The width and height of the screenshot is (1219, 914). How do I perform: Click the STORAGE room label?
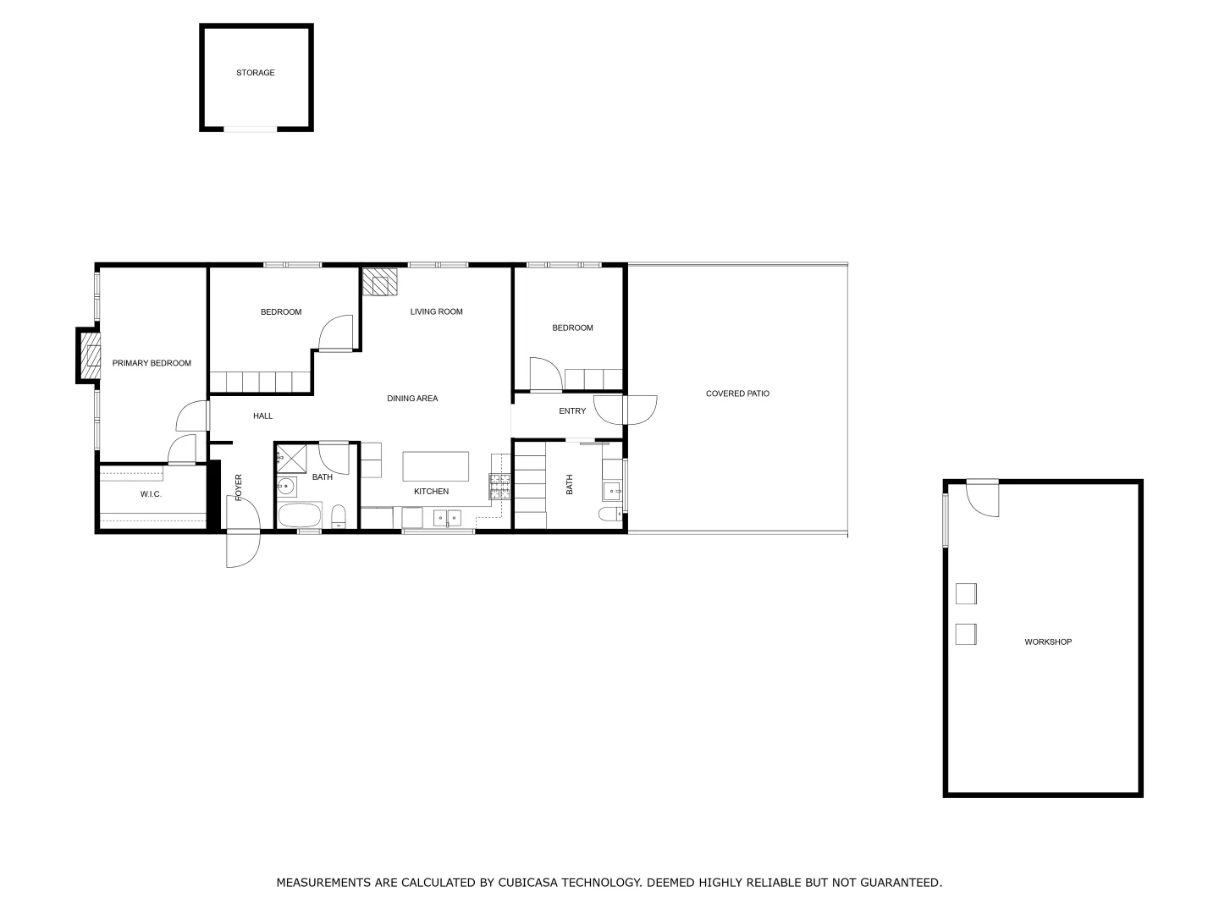click(x=255, y=73)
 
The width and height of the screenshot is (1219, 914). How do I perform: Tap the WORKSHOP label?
click(x=1048, y=641)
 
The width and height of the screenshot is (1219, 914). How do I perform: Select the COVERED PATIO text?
click(x=737, y=394)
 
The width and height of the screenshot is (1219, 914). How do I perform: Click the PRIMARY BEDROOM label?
click(x=152, y=363)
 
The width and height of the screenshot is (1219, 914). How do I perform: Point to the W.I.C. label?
click(x=151, y=494)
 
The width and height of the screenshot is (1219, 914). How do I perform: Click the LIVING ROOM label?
click(x=436, y=311)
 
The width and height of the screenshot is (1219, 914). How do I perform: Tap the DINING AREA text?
click(x=412, y=399)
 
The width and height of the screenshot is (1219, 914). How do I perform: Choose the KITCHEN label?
click(x=431, y=492)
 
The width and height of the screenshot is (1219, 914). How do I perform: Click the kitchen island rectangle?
click(x=435, y=466)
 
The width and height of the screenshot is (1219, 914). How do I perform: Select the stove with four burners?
click(x=499, y=485)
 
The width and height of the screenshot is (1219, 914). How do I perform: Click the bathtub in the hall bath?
click(x=300, y=515)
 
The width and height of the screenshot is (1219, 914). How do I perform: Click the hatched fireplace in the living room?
click(x=378, y=282)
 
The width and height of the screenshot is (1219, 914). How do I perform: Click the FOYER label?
click(x=239, y=487)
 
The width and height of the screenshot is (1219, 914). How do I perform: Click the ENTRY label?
click(x=572, y=411)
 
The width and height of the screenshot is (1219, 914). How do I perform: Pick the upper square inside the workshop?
click(x=966, y=593)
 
